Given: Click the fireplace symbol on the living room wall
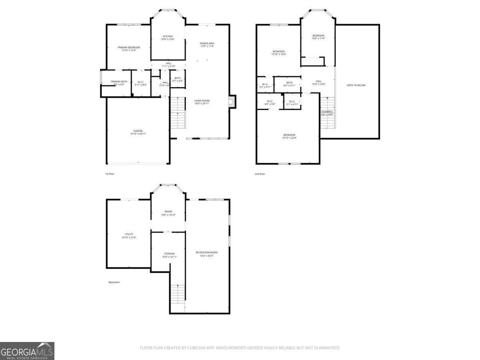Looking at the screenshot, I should [x=232, y=102].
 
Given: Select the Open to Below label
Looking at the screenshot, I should [x=356, y=85].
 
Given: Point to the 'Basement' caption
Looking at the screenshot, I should [x=114, y=282].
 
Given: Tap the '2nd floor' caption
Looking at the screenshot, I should [x=260, y=174].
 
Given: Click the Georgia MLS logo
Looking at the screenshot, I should [x=27, y=351].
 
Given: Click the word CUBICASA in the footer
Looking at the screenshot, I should [x=197, y=348].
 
